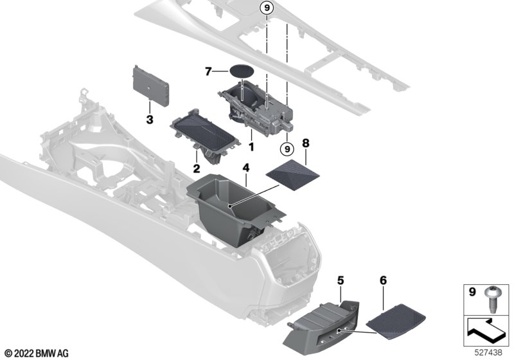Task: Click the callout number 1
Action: coord(251,147)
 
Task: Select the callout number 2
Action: coord(197,168)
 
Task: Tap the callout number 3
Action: coord(150,120)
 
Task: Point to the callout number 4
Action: coord(246,168)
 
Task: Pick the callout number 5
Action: coord(341,281)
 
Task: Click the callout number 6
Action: coord(383,281)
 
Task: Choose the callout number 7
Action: coord(208,71)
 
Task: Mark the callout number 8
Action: coord(306,143)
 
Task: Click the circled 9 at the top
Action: coord(267,8)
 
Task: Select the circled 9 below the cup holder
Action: coord(287,149)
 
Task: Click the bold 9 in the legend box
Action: coord(472,291)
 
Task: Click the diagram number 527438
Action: coord(488,352)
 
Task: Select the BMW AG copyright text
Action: coord(37,354)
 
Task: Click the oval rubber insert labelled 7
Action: coord(242,71)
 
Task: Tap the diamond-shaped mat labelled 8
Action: coord(293,175)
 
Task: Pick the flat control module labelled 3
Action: coord(151,85)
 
